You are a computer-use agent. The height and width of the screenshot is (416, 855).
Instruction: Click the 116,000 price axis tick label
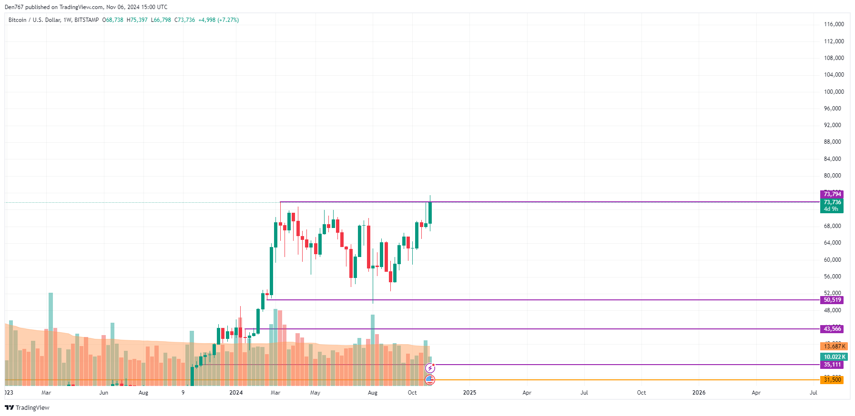pos(834,24)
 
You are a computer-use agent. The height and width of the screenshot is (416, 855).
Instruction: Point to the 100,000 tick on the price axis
pos(834,92)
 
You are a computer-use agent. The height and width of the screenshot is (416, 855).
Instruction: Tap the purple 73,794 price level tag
pos(832,194)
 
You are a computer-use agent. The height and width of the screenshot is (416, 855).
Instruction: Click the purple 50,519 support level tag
pos(832,300)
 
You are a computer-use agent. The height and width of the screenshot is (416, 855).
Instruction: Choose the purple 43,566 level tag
pos(832,329)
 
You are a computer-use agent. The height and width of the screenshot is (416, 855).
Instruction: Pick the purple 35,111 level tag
pos(832,365)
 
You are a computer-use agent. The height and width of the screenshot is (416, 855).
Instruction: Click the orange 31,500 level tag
pos(832,380)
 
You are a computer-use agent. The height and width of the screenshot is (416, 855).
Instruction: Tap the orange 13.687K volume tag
pos(834,347)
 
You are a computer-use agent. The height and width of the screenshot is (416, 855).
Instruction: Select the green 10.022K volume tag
pos(834,357)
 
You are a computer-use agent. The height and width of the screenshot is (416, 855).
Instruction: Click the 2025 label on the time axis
pos(469,393)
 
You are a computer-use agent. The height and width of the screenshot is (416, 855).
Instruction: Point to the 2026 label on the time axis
pos(699,393)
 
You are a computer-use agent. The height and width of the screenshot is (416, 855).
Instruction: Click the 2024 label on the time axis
pos(236,393)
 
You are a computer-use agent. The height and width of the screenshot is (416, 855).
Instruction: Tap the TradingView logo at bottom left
pos(27,407)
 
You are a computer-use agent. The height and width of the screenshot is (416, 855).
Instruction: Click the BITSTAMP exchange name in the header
pos(87,20)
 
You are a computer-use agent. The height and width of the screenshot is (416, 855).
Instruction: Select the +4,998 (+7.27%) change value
pos(218,20)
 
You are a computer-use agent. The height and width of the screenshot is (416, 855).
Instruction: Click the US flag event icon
pos(430,380)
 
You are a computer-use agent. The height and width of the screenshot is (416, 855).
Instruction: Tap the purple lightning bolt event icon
pos(430,368)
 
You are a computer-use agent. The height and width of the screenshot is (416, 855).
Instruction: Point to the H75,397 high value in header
pos(137,20)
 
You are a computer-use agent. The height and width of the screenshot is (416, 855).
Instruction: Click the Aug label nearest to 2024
pos(373,393)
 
